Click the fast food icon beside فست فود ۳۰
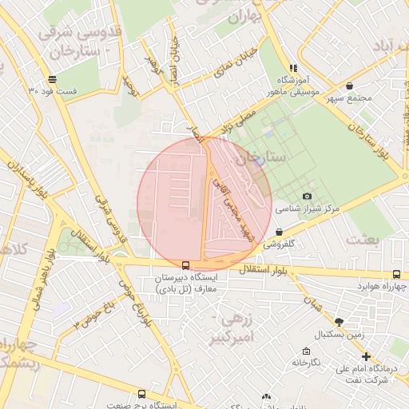point(52,79)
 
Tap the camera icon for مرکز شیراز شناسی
point(308,197)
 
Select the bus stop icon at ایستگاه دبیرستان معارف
point(185,265)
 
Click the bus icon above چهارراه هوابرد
point(397,274)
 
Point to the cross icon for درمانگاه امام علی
point(366,357)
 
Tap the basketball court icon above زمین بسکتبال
point(339,321)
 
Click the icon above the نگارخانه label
point(305,351)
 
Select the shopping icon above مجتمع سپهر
point(349,86)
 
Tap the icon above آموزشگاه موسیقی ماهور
point(293,69)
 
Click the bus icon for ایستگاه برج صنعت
point(141,394)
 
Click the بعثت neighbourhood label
point(364,238)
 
